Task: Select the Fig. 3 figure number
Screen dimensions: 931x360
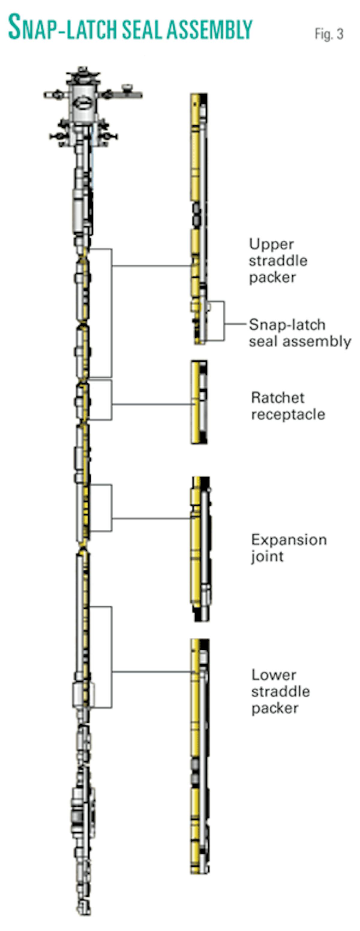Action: tap(328, 34)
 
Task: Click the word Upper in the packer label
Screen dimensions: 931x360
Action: tap(271, 245)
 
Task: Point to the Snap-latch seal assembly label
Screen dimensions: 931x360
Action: tap(300, 333)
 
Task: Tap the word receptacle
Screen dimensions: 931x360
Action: tap(288, 414)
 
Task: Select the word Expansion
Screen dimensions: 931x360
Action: tap(289, 540)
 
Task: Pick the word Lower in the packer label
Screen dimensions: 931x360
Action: tap(274, 675)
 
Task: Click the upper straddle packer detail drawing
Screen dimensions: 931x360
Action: tap(199, 217)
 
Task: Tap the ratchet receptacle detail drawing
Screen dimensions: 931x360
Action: tap(199, 402)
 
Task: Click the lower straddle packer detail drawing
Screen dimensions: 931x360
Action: tap(199, 755)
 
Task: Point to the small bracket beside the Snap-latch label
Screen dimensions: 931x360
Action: tap(224, 321)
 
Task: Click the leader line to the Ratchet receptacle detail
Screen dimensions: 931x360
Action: tap(152, 404)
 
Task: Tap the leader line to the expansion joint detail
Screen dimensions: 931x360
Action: tap(152, 518)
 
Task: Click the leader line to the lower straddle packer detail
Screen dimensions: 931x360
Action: tap(152, 672)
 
